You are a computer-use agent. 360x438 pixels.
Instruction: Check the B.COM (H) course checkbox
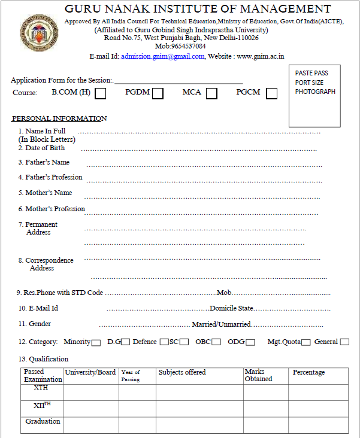[101, 93]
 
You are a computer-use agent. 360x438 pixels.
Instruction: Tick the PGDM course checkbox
[158, 93]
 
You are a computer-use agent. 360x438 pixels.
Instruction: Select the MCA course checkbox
[211, 93]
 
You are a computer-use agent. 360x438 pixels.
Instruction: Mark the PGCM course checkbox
[272, 93]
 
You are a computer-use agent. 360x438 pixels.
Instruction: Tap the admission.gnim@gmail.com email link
[162, 56]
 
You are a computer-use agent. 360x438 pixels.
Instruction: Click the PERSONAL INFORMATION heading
[59, 118]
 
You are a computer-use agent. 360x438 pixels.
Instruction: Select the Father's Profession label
[53, 177]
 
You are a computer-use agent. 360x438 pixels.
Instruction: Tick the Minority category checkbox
[96, 342]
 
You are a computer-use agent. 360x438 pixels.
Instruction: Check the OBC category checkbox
[216, 342]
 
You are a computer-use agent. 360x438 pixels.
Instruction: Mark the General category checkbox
[344, 342]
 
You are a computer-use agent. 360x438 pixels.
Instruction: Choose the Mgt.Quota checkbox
[305, 342]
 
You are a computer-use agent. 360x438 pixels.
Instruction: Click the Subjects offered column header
[181, 372]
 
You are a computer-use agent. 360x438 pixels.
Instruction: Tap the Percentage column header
[308, 372]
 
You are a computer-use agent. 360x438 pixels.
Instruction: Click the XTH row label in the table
[41, 388]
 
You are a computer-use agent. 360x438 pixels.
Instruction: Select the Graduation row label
[43, 421]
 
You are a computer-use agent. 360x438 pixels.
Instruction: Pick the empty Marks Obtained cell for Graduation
[265, 425]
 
